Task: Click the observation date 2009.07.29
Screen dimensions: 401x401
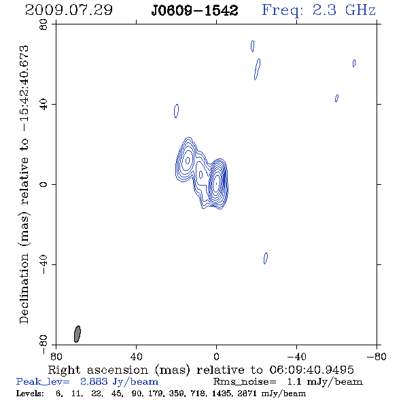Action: pyautogui.click(x=69, y=10)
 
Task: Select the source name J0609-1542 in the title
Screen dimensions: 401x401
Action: pyautogui.click(x=194, y=11)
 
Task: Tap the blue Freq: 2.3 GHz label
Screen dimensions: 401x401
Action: pyautogui.click(x=319, y=10)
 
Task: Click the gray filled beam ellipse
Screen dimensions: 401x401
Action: pyautogui.click(x=77, y=334)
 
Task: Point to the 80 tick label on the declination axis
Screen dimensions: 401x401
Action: pyautogui.click(x=43, y=24)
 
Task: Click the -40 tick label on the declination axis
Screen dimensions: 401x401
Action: pyautogui.click(x=43, y=264)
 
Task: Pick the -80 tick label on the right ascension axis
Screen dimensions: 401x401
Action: pyautogui.click(x=377, y=357)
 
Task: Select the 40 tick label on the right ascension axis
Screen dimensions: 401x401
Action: pyautogui.click(x=136, y=357)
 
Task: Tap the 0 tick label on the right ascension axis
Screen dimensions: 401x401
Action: pyautogui.click(x=216, y=357)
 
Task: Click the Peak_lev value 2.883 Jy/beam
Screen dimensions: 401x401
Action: pyautogui.click(x=119, y=382)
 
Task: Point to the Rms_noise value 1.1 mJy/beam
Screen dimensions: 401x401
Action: pyautogui.click(x=325, y=382)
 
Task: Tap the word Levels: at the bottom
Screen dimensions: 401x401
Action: pyautogui.click(x=30, y=393)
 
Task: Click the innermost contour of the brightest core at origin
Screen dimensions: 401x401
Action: pyautogui.click(x=216, y=184)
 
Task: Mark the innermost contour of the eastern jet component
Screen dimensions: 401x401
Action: pyautogui.click(x=188, y=160)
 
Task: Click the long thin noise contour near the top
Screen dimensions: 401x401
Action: pyautogui.click(x=258, y=69)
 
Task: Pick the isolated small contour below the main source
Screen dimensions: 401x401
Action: pyautogui.click(x=266, y=258)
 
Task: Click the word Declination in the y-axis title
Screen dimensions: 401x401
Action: pyautogui.click(x=24, y=288)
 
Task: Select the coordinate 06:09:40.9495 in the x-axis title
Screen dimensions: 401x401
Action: pyautogui.click(x=311, y=370)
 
